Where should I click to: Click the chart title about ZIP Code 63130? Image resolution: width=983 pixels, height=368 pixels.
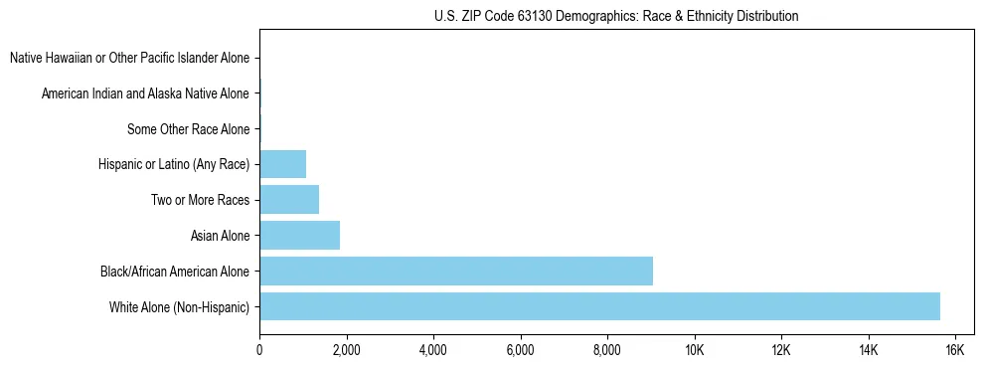pyautogui.click(x=616, y=16)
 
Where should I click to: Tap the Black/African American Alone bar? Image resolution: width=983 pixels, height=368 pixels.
pyautogui.click(x=456, y=271)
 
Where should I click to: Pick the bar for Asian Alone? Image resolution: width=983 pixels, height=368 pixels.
pyautogui.click(x=299, y=235)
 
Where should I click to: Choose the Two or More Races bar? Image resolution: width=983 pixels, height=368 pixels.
pyautogui.click(x=289, y=199)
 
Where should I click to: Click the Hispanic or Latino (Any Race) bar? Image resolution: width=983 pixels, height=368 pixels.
pyautogui.click(x=282, y=163)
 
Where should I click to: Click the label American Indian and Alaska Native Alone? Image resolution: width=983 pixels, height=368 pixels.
pyautogui.click(x=145, y=94)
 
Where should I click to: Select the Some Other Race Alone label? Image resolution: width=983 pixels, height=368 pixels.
pyautogui.click(x=188, y=129)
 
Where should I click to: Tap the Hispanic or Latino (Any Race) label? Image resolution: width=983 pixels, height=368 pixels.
pyautogui.click(x=174, y=164)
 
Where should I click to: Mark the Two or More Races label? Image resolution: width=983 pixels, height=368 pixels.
pyautogui.click(x=200, y=200)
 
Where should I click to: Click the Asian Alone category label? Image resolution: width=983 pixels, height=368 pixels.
pyautogui.click(x=220, y=236)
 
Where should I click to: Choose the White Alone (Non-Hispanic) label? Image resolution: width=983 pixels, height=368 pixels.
pyautogui.click(x=180, y=307)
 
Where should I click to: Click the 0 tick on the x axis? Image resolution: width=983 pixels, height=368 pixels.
pyautogui.click(x=259, y=350)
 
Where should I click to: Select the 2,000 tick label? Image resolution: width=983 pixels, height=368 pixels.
pyautogui.click(x=346, y=350)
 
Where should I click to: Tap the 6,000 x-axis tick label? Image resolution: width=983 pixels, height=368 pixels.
pyautogui.click(x=520, y=350)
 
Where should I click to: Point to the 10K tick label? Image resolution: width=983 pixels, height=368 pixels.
pyautogui.click(x=694, y=350)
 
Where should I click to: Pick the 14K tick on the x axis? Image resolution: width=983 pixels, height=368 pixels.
pyautogui.click(x=868, y=350)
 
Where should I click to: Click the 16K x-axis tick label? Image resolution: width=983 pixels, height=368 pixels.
pyautogui.click(x=954, y=350)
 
